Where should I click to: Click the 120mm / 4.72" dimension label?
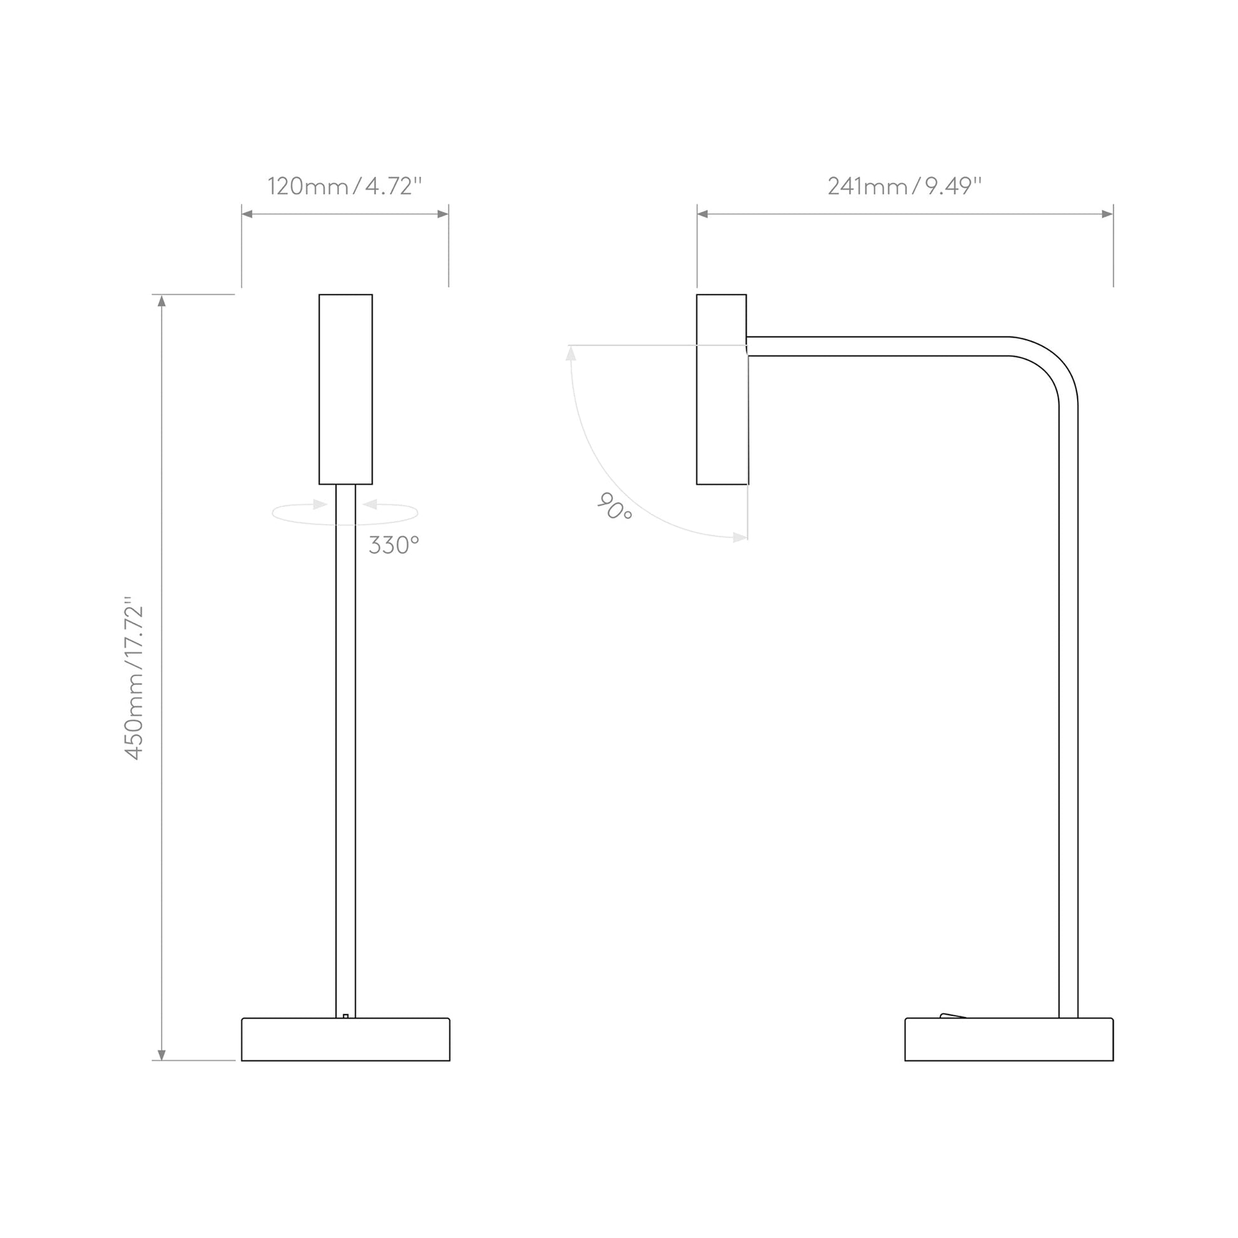point(345,186)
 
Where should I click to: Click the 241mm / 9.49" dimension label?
point(904,186)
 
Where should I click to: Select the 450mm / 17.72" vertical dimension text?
point(134,679)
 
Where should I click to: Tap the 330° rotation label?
point(393,545)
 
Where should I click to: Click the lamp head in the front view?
point(345,389)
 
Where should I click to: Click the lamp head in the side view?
point(721,389)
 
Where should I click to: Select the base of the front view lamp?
point(345,1040)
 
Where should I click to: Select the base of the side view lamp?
point(1008,1040)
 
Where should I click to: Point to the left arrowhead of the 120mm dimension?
point(247,214)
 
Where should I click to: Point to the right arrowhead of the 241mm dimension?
point(1107,214)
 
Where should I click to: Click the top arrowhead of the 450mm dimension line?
point(162,300)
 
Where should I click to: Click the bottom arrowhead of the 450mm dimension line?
point(162,1055)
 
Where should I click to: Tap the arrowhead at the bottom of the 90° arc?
point(740,538)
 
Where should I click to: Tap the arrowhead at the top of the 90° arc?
point(570,353)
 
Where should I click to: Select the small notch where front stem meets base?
point(345,1015)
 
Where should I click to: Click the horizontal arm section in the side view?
point(878,346)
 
